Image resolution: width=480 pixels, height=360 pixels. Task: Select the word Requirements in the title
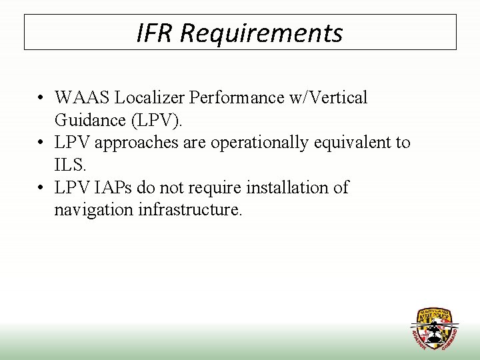click(x=261, y=33)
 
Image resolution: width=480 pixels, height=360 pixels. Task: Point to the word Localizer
click(x=149, y=98)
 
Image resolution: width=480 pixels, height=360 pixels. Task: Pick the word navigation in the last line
click(x=94, y=211)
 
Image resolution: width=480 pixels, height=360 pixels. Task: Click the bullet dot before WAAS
click(x=41, y=98)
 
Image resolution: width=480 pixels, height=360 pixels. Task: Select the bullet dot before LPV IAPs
click(x=41, y=188)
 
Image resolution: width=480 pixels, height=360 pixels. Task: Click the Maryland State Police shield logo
click(x=434, y=329)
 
